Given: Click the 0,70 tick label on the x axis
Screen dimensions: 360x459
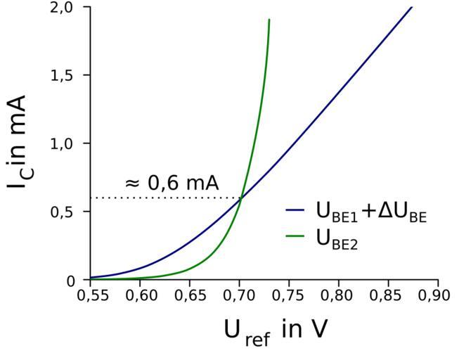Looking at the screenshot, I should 239,295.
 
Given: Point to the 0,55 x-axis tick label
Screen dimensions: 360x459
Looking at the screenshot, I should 91,295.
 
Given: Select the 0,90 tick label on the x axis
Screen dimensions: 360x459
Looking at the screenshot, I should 437,295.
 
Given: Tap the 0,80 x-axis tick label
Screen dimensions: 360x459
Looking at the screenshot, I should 338,295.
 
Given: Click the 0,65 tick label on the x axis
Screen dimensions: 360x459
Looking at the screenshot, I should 190,295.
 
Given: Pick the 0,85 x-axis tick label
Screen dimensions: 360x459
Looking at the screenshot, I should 388,295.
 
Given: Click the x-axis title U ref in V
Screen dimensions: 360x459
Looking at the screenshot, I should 275,330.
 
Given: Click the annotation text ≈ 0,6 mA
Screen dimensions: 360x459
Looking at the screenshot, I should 172,183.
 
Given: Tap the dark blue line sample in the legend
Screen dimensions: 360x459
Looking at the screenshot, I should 296,210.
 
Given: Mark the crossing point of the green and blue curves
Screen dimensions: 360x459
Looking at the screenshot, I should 241,198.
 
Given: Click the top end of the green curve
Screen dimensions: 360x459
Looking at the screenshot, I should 269,20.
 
